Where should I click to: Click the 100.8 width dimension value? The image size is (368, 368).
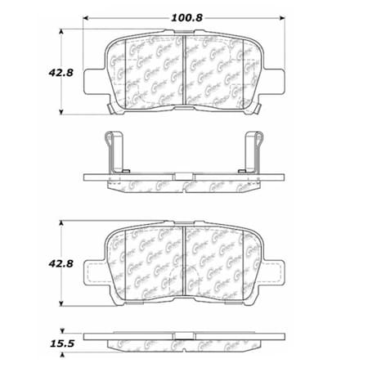(x=182, y=14)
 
